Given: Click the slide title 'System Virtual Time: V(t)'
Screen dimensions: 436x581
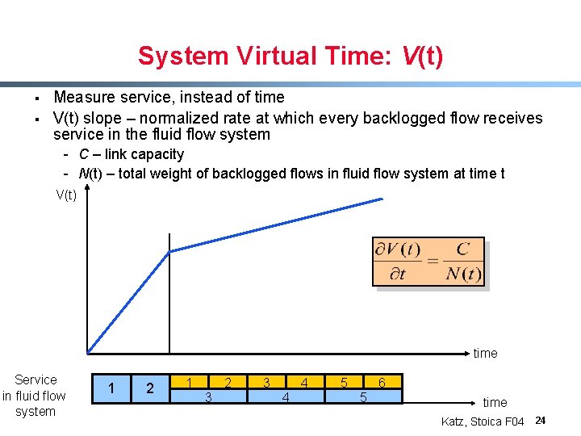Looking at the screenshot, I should tap(290, 57).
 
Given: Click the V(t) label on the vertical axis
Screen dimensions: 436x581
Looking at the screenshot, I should tap(66, 194).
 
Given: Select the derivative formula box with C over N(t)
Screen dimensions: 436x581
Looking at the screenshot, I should tap(428, 262).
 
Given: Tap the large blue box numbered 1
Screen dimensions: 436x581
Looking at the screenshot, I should tap(111, 388).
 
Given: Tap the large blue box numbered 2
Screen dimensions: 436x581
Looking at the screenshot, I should tap(150, 388).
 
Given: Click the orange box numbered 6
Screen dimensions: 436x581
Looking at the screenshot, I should tap(382, 382).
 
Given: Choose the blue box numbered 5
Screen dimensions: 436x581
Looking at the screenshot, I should tap(363, 396).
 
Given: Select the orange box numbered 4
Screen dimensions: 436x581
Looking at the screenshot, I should tap(303, 382).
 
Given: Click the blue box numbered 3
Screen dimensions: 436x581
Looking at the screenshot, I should tap(208, 396).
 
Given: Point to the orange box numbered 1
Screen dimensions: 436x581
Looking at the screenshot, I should tap(189, 382).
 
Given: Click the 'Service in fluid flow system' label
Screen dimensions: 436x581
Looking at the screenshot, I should tap(35, 395).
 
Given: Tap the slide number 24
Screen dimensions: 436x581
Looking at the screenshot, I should tap(541, 421).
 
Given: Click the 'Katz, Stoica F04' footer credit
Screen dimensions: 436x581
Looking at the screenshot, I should tap(483, 421).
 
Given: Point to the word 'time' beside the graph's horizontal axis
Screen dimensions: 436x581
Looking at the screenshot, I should tap(485, 353).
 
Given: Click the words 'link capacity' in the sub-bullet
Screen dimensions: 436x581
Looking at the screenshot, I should tap(144, 154).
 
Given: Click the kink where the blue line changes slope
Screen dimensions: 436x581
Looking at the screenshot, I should tap(169, 251).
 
